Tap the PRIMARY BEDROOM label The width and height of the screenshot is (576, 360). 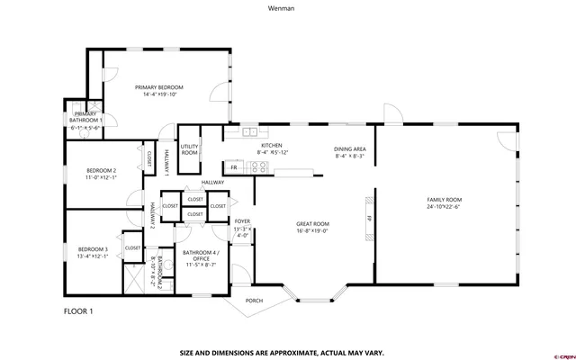[x=158, y=87]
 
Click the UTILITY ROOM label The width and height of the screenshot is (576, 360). [x=189, y=149]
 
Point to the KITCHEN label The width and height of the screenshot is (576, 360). [x=272, y=145]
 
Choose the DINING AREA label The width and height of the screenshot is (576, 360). [x=350, y=148]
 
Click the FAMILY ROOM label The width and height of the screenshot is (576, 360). [x=444, y=199]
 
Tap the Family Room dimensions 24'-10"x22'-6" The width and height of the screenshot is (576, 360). [x=444, y=207]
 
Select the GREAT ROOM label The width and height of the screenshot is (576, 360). [x=313, y=223]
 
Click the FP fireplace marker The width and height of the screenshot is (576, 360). [x=368, y=218]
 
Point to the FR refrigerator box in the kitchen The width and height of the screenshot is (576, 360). [x=234, y=167]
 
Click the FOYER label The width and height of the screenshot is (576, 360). [x=242, y=220]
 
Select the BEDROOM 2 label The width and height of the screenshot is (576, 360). [x=101, y=171]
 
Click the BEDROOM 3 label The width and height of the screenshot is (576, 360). [x=92, y=248]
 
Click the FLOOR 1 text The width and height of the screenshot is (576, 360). [x=78, y=311]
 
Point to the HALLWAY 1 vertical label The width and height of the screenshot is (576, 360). [x=166, y=160]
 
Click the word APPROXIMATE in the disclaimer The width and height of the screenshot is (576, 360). [x=292, y=352]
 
